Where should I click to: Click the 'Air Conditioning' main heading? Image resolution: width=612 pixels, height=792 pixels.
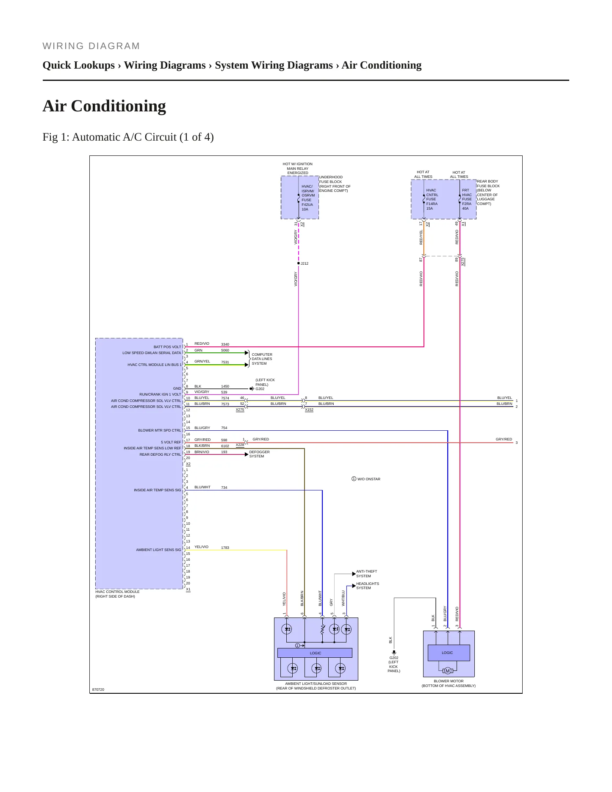pos(104,106)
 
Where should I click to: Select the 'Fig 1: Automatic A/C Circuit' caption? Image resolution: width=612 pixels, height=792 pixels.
pos(128,137)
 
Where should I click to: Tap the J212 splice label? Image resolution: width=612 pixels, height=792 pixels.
pos(305,263)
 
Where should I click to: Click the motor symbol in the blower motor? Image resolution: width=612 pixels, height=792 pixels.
pos(448,671)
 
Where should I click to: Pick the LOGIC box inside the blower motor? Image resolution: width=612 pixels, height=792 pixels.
pos(449,653)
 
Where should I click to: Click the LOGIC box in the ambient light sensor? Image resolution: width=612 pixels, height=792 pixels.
pos(315,653)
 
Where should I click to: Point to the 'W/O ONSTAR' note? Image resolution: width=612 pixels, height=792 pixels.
pos(366,479)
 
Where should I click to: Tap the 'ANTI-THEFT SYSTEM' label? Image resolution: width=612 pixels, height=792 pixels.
pos(366,573)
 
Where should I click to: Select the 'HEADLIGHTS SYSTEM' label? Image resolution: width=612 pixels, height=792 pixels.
pos(368,586)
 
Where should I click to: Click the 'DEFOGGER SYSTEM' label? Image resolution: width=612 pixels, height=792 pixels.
pos(259,454)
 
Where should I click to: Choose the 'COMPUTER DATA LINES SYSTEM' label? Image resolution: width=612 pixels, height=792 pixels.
pos(262,359)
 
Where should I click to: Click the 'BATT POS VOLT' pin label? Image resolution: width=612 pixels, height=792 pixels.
pos(167,347)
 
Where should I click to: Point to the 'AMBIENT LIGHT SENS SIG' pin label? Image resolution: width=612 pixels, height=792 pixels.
pos(158,550)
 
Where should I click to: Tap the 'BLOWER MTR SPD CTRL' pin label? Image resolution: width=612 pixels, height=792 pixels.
pos(160,430)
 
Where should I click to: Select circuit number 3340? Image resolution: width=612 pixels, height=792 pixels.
pos(225,344)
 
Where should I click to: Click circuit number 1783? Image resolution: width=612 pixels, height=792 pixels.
pos(225,548)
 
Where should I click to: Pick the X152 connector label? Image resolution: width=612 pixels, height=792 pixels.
pos(309,410)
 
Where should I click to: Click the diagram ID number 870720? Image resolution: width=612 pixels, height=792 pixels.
pos(98,690)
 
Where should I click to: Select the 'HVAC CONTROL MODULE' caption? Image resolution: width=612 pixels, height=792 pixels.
pos(117,592)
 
